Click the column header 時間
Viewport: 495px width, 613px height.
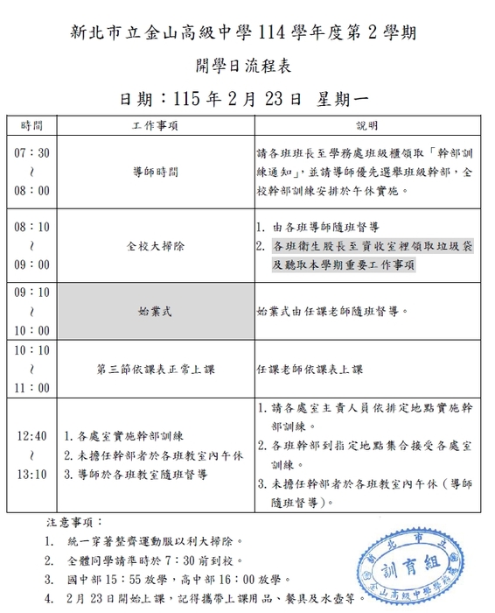(x=32, y=125)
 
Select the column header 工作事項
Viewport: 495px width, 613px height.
(x=155, y=125)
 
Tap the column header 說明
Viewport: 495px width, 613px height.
(x=367, y=125)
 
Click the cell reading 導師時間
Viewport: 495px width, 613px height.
(x=155, y=171)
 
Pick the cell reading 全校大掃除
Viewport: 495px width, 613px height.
(x=155, y=246)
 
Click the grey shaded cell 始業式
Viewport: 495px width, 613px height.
(x=155, y=310)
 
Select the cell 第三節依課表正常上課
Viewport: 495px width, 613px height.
(x=155, y=369)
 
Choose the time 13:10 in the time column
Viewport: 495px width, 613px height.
(x=32, y=475)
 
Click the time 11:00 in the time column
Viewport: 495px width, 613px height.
(x=32, y=387)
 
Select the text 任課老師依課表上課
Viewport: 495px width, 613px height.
(x=310, y=369)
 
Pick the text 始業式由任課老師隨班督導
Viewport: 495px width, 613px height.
(x=331, y=310)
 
